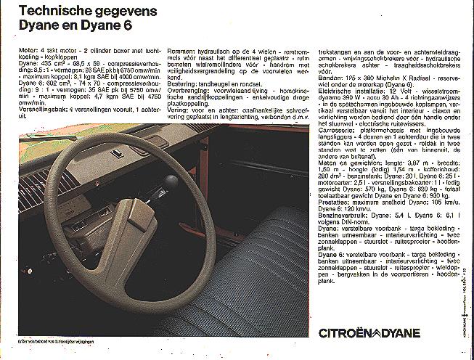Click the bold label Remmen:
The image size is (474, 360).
181,50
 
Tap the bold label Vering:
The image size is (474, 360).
178,107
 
